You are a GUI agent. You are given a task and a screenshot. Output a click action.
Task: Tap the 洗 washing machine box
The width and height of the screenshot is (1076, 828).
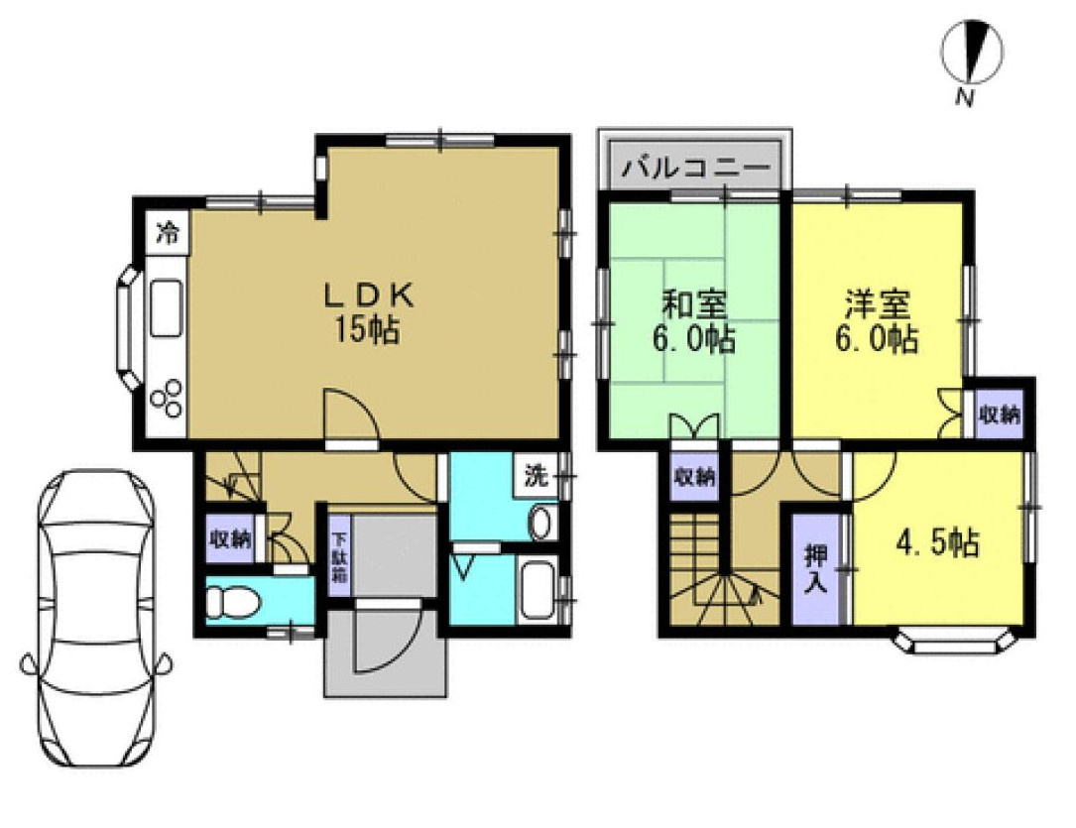tap(535, 475)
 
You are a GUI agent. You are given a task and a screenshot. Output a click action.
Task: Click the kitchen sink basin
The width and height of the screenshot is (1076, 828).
tap(165, 309)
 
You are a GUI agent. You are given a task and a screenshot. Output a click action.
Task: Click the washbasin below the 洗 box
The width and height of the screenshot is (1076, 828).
tap(539, 522)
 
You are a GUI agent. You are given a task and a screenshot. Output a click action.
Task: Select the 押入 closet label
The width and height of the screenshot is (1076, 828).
tap(814, 567)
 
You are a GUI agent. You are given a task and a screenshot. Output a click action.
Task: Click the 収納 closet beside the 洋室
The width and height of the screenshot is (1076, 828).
tap(1000, 414)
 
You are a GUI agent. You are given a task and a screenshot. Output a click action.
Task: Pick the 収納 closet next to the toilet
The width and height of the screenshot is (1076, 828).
tap(229, 540)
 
